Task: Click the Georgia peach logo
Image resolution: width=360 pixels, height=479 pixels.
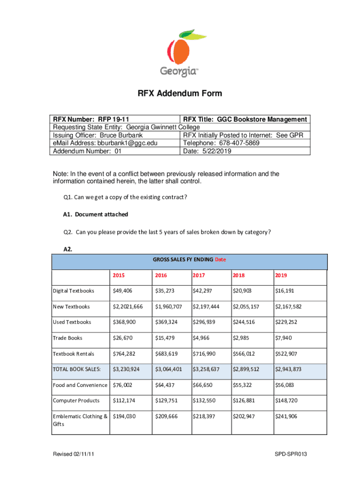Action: pyautogui.click(x=180, y=52)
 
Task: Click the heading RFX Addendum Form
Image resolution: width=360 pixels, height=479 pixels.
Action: pyautogui.click(x=180, y=94)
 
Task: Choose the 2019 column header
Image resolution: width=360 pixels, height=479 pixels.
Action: pyautogui.click(x=282, y=275)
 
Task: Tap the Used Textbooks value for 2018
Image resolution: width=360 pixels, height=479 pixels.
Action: pyautogui.click(x=244, y=322)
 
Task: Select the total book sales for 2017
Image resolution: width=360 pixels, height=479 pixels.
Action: pyautogui.click(x=206, y=370)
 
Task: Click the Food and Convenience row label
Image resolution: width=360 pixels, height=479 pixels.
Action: pyautogui.click(x=79, y=385)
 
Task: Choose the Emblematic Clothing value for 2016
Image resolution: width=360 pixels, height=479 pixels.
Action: pyautogui.click(x=166, y=416)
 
